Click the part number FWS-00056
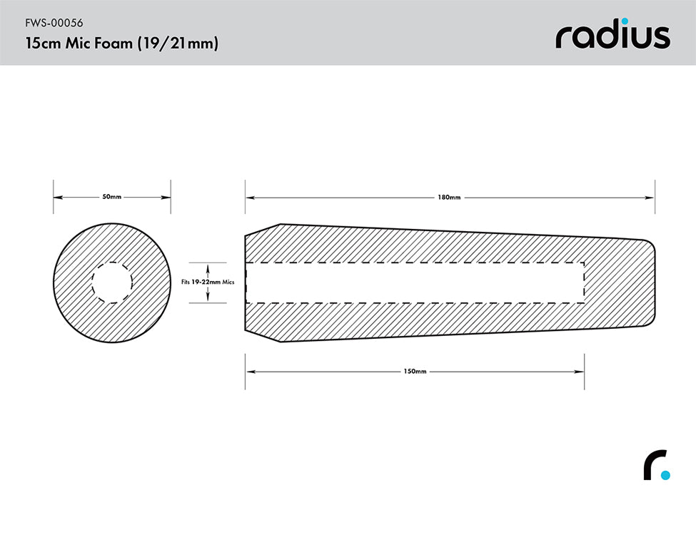click(x=54, y=22)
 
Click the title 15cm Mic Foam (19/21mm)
click(x=121, y=44)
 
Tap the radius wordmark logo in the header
click(x=612, y=36)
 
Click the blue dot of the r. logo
click(x=665, y=474)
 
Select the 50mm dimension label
click(x=112, y=197)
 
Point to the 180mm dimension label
click(x=450, y=197)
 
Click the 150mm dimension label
click(x=415, y=372)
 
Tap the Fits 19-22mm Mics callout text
click(x=208, y=282)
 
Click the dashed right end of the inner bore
click(x=584, y=282)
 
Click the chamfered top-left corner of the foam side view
click(x=261, y=229)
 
